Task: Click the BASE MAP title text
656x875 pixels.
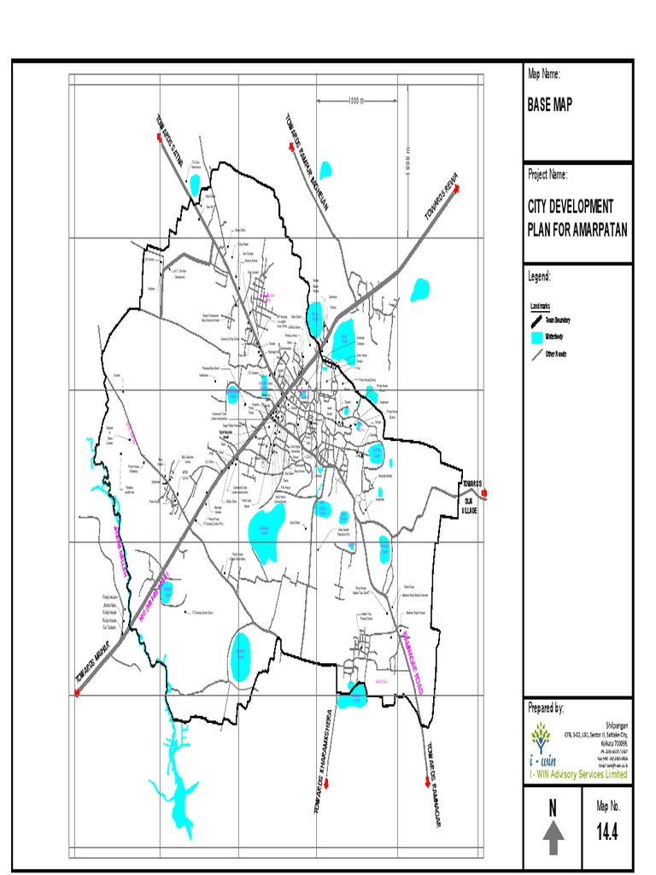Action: coord(550,105)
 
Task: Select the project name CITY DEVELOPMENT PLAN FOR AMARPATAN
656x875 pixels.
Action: coord(577,219)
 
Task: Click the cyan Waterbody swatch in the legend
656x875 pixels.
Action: coord(536,337)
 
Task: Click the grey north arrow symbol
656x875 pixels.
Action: coord(553,837)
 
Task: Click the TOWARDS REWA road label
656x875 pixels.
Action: coord(442,196)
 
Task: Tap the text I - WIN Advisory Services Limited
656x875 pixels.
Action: coord(577,774)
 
